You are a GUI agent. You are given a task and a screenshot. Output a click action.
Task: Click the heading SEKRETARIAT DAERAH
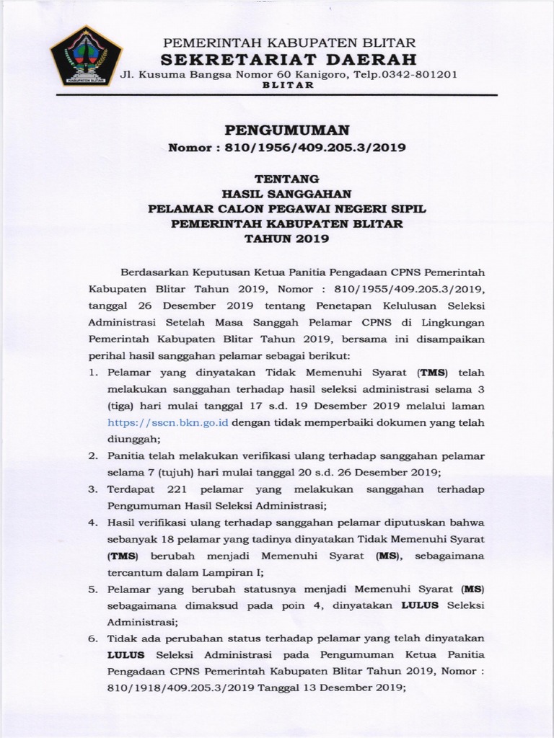click(x=288, y=58)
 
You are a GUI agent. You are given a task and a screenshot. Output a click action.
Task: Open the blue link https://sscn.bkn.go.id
click(x=168, y=423)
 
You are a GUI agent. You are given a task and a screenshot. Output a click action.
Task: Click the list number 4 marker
click(x=92, y=523)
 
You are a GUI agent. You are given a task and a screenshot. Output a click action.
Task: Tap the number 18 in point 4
click(x=169, y=540)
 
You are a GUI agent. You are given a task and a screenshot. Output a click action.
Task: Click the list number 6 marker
click(x=92, y=639)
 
